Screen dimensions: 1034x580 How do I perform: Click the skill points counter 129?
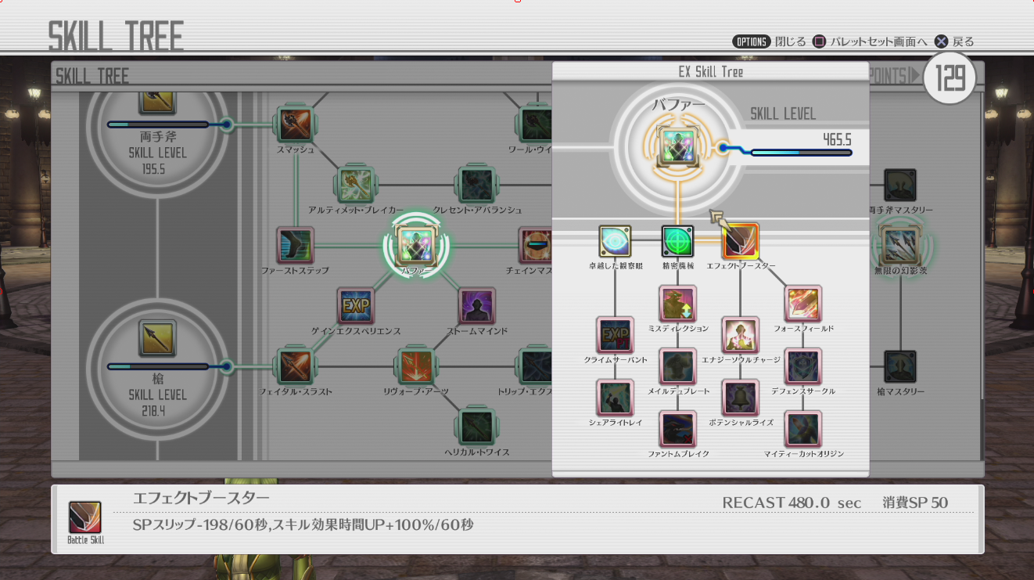click(950, 78)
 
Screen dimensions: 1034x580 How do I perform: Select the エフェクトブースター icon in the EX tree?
click(740, 242)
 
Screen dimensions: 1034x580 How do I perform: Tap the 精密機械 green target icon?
click(677, 242)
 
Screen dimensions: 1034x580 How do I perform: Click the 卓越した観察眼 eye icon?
click(615, 242)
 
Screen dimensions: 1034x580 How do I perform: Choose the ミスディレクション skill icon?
click(677, 304)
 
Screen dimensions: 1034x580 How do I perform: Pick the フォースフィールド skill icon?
click(802, 304)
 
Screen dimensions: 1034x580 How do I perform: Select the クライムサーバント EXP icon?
click(615, 335)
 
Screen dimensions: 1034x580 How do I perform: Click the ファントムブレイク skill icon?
click(677, 429)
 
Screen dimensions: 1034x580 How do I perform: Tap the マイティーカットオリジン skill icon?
click(802, 429)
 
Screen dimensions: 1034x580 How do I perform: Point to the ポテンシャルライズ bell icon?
click(740, 398)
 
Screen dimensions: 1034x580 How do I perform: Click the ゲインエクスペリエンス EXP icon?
click(356, 306)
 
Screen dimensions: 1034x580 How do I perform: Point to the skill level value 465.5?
click(837, 139)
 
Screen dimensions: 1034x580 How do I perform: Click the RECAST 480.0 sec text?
click(792, 503)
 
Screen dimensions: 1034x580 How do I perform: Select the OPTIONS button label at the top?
click(751, 41)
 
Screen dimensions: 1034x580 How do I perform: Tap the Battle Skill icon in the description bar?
click(84, 518)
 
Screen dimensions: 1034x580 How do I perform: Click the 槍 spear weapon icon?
click(158, 338)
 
